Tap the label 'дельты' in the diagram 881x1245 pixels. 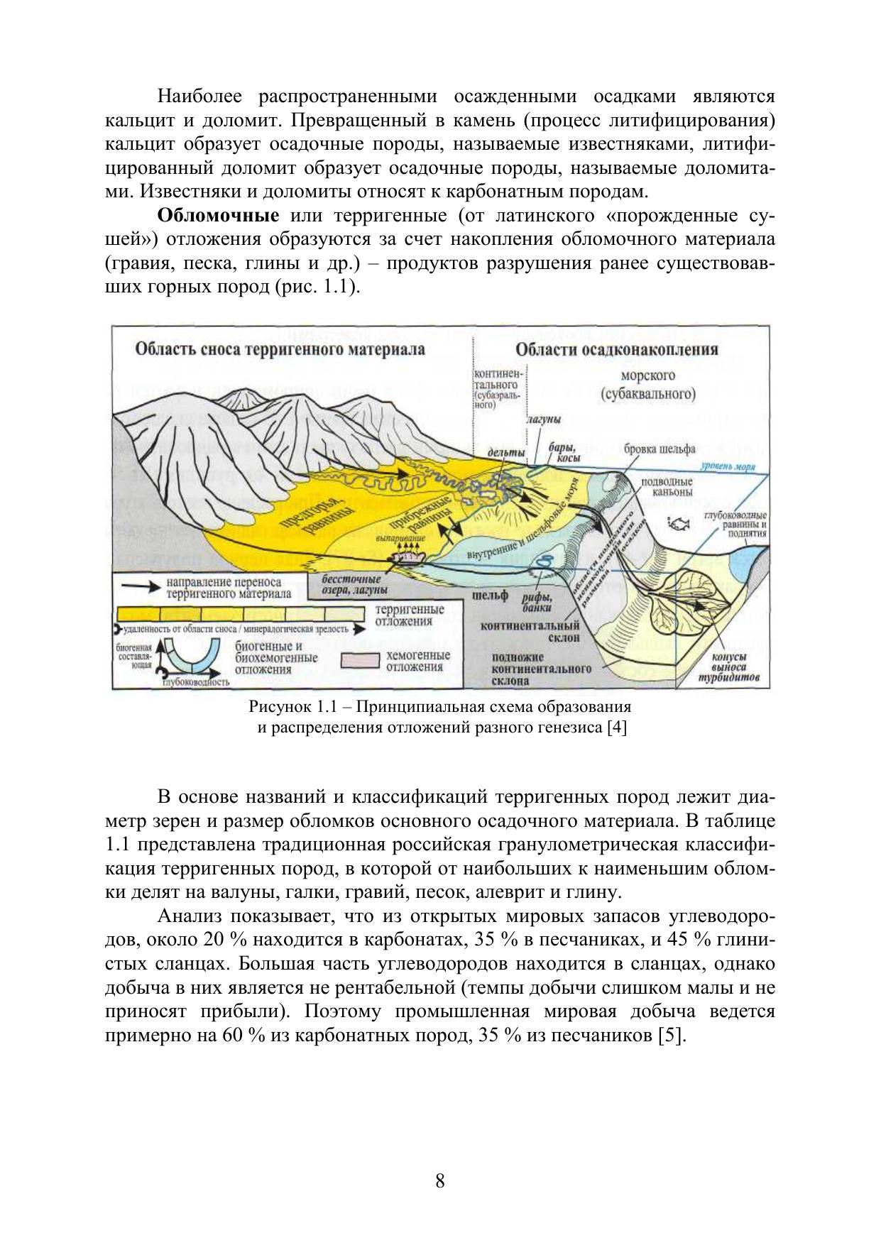(x=505, y=452)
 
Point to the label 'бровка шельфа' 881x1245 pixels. (x=660, y=449)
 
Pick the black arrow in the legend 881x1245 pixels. (x=138, y=587)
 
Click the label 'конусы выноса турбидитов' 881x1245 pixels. (x=731, y=667)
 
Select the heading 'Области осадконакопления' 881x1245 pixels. (x=616, y=349)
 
